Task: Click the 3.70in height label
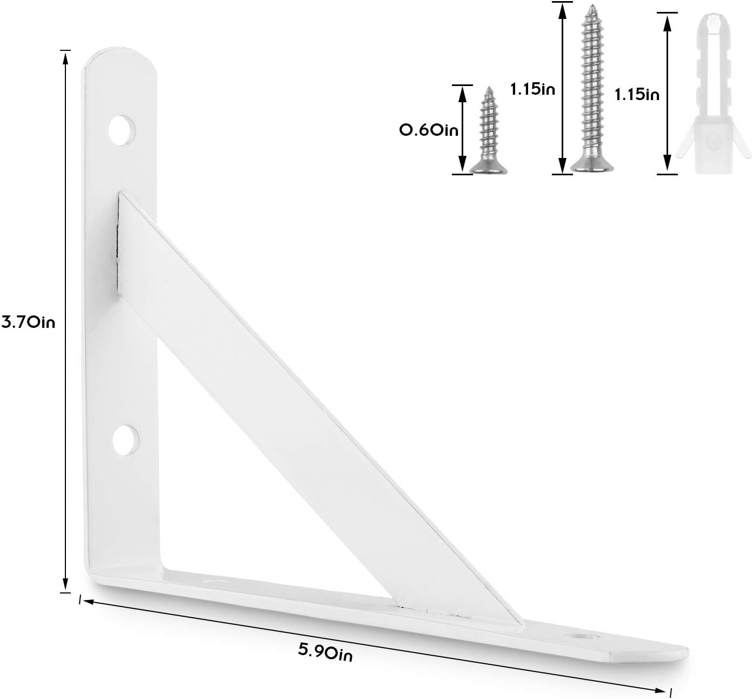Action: pos(28,323)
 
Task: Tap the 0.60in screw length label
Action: pos(428,130)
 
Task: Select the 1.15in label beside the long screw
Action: pos(532,89)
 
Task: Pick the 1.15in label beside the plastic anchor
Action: pos(637,95)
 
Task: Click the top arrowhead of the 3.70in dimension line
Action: pos(65,57)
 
